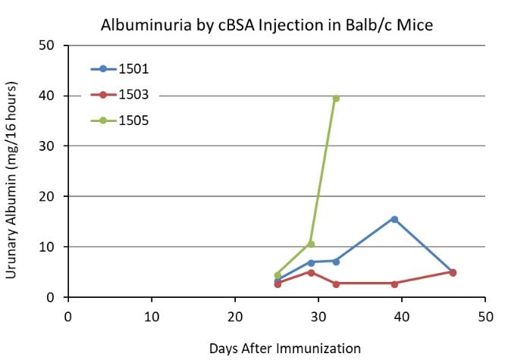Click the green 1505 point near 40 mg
pyautogui.click(x=336, y=99)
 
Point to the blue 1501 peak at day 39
pyautogui.click(x=394, y=219)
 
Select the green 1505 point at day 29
pyautogui.click(x=311, y=244)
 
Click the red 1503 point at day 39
pyautogui.click(x=394, y=283)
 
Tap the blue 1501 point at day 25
pyautogui.click(x=278, y=281)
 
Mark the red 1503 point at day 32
pyautogui.click(x=336, y=283)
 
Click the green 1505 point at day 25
pyautogui.click(x=278, y=275)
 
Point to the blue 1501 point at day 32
pyautogui.click(x=336, y=261)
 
